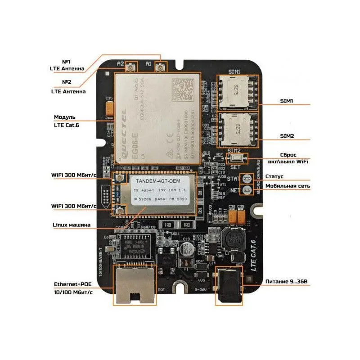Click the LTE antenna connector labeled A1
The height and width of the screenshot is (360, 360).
160,68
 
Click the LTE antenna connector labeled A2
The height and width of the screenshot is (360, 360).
132,68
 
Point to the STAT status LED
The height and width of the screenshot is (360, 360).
247,179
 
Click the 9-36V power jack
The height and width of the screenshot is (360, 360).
229,286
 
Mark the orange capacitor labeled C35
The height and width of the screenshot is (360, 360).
109,108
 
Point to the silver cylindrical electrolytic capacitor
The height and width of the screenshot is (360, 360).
187,250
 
